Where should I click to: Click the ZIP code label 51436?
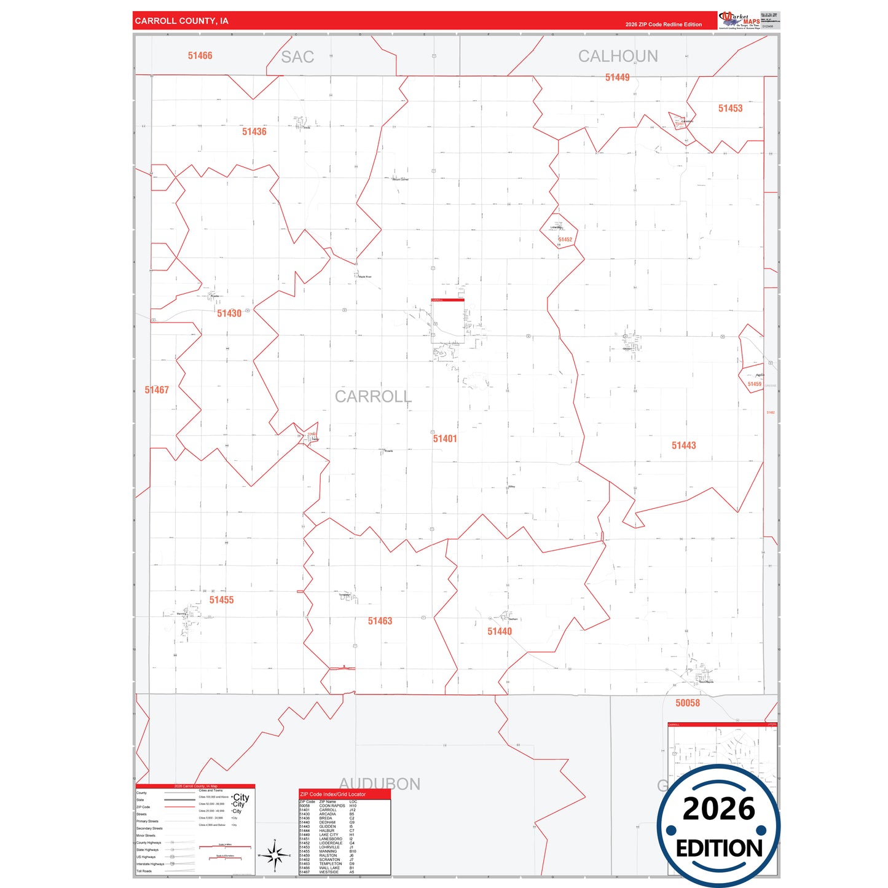coord(254,132)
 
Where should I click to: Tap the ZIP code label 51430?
coord(229,313)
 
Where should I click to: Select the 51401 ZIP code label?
coord(444,438)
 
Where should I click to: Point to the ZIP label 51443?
coord(683,446)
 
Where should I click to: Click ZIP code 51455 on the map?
coord(221,600)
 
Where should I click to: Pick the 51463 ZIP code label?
coord(380,621)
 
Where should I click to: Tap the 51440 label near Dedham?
coord(499,631)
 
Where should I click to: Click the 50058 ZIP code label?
coord(687,703)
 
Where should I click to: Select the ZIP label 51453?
coord(730,108)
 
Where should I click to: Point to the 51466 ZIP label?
coord(200,56)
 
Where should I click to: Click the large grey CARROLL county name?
coord(373,397)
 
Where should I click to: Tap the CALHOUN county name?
coord(618,57)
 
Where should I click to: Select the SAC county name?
coord(297,57)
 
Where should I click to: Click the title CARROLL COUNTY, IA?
coord(181,21)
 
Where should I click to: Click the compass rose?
coord(275,855)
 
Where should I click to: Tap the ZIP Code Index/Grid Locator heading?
coord(332,794)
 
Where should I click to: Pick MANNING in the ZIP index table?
coord(328,851)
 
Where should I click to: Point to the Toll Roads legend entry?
coord(144,871)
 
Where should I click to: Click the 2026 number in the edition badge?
coord(718,809)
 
